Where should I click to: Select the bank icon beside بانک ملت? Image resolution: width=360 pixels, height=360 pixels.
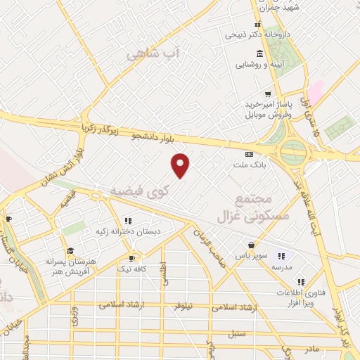tap(248, 155)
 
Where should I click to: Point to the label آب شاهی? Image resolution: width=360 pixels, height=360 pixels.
tap(154, 54)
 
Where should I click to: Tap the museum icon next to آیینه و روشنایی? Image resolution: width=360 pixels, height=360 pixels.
tap(260, 54)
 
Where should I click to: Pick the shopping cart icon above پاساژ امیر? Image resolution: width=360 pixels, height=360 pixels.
tap(267, 94)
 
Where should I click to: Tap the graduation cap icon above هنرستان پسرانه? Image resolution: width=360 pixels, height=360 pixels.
tap(70, 250)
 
